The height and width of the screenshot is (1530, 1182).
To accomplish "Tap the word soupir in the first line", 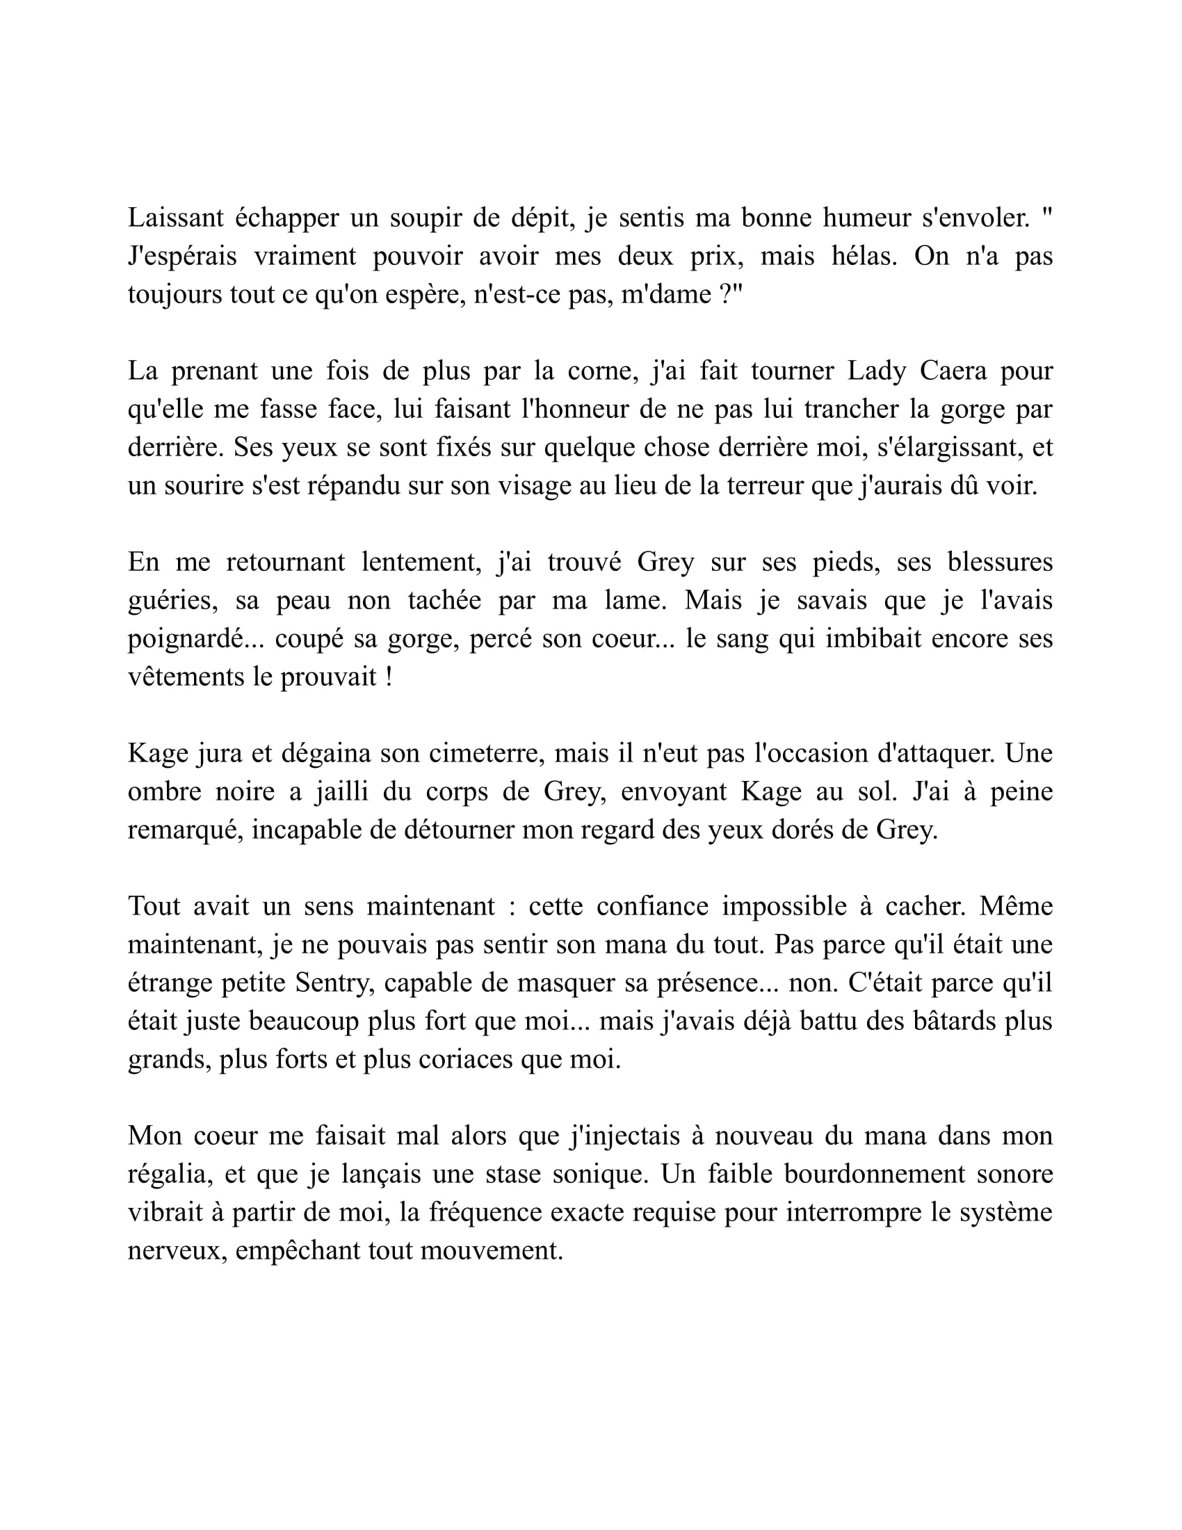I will [423, 218].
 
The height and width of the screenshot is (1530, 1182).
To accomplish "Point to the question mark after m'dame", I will [726, 294].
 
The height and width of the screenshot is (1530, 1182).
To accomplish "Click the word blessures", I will [1000, 562].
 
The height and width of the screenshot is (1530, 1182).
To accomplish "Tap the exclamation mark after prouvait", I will [388, 677].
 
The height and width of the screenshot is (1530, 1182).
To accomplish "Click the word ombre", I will [163, 791].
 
